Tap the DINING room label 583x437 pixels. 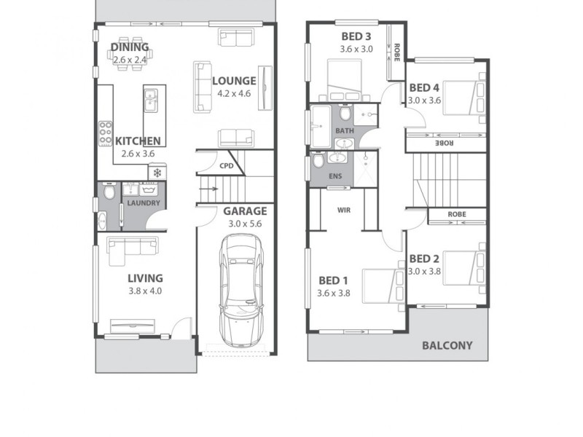(129, 48)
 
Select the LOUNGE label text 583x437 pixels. (234, 81)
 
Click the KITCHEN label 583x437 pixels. (138, 141)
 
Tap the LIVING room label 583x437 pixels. (145, 278)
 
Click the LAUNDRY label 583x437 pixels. (144, 202)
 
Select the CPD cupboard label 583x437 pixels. (227, 166)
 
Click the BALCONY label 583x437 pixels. (447, 346)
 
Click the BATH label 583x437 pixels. (344, 131)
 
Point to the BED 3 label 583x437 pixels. (356, 37)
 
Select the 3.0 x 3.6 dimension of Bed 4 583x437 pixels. (424, 101)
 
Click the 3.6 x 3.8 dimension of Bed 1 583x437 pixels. (334, 294)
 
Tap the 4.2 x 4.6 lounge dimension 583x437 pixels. (234, 94)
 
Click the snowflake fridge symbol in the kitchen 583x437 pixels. (157, 173)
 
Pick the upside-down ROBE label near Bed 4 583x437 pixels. (446, 143)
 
